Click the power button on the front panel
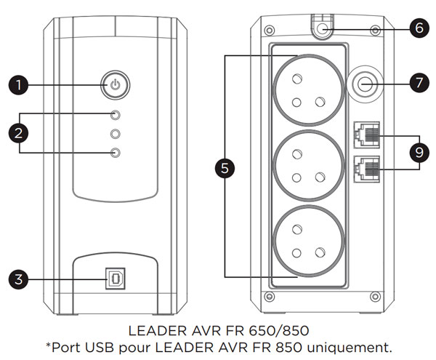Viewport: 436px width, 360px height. click(x=115, y=85)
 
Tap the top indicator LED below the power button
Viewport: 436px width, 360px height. click(x=115, y=115)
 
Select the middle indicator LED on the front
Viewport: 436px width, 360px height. click(x=115, y=134)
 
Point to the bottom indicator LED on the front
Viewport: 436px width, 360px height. click(x=115, y=153)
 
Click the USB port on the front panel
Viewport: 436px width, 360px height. click(x=116, y=279)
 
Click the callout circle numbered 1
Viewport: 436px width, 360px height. click(x=18, y=85)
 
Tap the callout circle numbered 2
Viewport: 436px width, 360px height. click(x=18, y=133)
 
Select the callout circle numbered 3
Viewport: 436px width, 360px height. click(x=18, y=279)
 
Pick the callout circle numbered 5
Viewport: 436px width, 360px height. click(x=225, y=168)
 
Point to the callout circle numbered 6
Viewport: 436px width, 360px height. click(x=419, y=28)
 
